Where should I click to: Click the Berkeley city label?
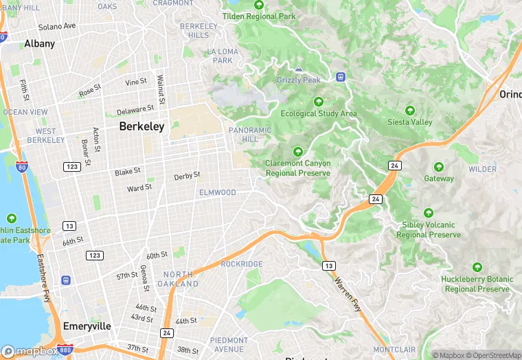pyautogui.click(x=141, y=126)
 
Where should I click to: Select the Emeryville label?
pyautogui.click(x=86, y=326)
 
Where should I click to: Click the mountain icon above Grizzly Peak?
pyautogui.click(x=299, y=69)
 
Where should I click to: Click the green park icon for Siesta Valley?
pyautogui.click(x=410, y=111)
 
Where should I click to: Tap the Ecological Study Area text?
pyautogui.click(x=319, y=113)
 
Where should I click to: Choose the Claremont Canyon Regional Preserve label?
pyautogui.click(x=298, y=168)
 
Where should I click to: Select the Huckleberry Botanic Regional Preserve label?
pyautogui.click(x=477, y=284)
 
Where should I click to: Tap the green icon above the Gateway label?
pyautogui.click(x=438, y=167)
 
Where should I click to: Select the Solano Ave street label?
pyautogui.click(x=57, y=27)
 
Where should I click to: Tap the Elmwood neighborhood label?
pyautogui.click(x=217, y=193)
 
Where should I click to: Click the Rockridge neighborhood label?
pyautogui.click(x=242, y=264)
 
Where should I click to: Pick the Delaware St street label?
pyautogui.click(x=135, y=110)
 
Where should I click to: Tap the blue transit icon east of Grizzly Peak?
pyautogui.click(x=340, y=76)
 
